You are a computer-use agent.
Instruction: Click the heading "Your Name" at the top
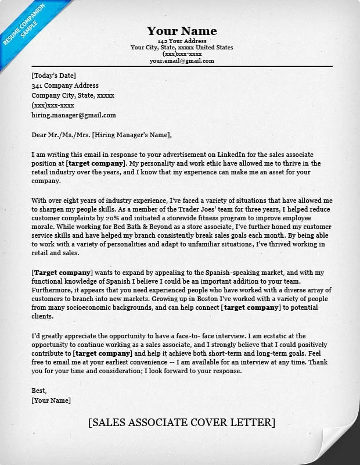coord(182,31)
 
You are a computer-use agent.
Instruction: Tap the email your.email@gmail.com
coord(182,61)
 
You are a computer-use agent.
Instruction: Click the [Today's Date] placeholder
coord(53,76)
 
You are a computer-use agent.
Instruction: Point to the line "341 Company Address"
coord(65,85)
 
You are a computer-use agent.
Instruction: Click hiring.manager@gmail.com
coord(74,115)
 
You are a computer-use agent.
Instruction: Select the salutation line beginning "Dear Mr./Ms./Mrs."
coord(102,135)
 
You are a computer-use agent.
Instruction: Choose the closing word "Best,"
coord(39,391)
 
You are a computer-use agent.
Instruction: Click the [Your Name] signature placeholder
coord(51,400)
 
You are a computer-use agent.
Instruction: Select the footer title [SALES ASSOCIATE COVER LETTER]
coord(182,423)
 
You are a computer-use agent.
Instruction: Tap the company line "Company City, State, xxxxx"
coord(73,95)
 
